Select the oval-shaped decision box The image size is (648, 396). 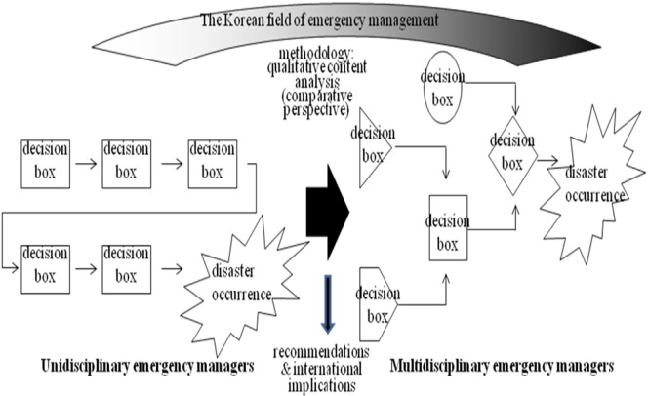pos(443,89)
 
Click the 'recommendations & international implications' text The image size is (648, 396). pos(322,366)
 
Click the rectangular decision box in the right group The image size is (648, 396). pos(448,228)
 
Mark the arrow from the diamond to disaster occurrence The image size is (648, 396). pos(547,159)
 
